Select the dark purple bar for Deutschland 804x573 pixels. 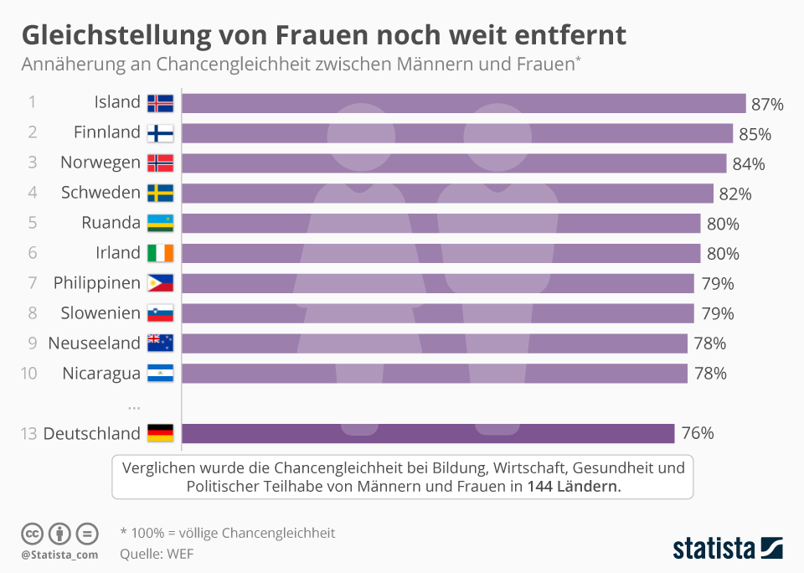[428, 433]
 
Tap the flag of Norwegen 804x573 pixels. [160, 163]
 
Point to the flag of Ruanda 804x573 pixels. [160, 224]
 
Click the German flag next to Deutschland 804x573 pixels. [160, 433]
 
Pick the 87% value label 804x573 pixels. [767, 105]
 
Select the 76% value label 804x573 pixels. [698, 433]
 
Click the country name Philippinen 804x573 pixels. [96, 283]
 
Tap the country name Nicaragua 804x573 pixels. [101, 374]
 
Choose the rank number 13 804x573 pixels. [29, 433]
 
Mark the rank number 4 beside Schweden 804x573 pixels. [32, 193]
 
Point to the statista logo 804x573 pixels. [727, 548]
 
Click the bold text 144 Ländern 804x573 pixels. [574, 486]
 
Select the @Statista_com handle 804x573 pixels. [59, 554]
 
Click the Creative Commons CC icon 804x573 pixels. [32, 533]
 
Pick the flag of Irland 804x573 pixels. [160, 253]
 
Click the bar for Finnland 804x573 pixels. [457, 133]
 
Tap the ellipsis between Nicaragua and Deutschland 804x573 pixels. [134, 406]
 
